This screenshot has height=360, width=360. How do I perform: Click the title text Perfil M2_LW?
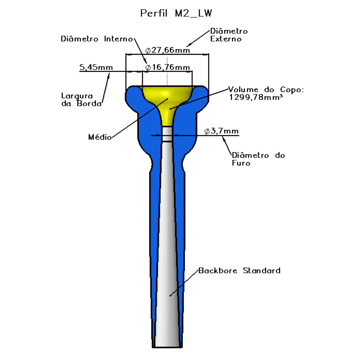[x=176, y=13]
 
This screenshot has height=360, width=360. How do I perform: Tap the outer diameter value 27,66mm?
[x=171, y=50]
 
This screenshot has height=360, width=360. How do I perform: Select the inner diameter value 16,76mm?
[x=171, y=67]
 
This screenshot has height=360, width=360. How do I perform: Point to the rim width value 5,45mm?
[x=96, y=67]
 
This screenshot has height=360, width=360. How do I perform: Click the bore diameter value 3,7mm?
[x=224, y=131]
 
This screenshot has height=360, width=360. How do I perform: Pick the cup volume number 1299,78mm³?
[x=256, y=97]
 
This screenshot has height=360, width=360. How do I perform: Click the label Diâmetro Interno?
[x=96, y=39]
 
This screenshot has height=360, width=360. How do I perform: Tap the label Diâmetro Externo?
[x=229, y=35]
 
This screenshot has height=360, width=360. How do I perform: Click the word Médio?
[x=100, y=137]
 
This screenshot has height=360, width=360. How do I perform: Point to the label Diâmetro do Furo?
[x=258, y=159]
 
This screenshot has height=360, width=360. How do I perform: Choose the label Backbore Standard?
[x=239, y=270]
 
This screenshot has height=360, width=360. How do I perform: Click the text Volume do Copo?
[x=266, y=89]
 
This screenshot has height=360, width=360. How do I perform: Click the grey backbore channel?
[x=167, y=241]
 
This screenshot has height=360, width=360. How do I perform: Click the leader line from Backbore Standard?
[x=184, y=283]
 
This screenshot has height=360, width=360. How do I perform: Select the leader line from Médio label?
[x=140, y=118]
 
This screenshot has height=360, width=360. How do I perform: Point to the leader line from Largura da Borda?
[x=105, y=89]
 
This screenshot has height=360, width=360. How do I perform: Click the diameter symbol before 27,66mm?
[x=148, y=50]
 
